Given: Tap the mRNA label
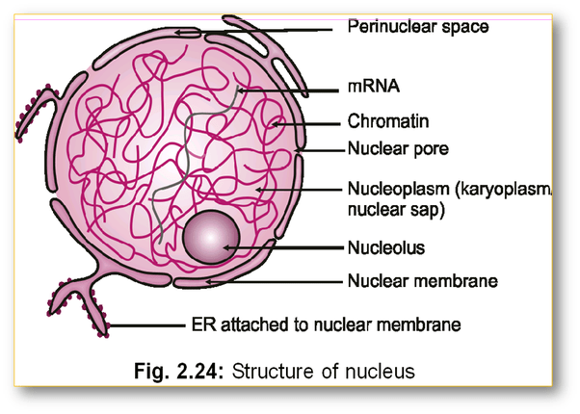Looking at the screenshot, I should (367, 86).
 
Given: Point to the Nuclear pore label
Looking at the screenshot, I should (395, 150).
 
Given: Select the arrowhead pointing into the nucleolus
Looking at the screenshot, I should (226, 246).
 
